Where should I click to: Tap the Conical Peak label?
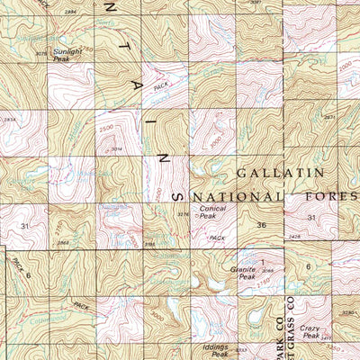coord(212,212)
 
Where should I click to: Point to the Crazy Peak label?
coord(311,332)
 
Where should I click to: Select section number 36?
coord(261,225)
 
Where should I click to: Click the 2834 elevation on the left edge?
coord(8,117)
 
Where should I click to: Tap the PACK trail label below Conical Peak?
coord(214,238)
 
